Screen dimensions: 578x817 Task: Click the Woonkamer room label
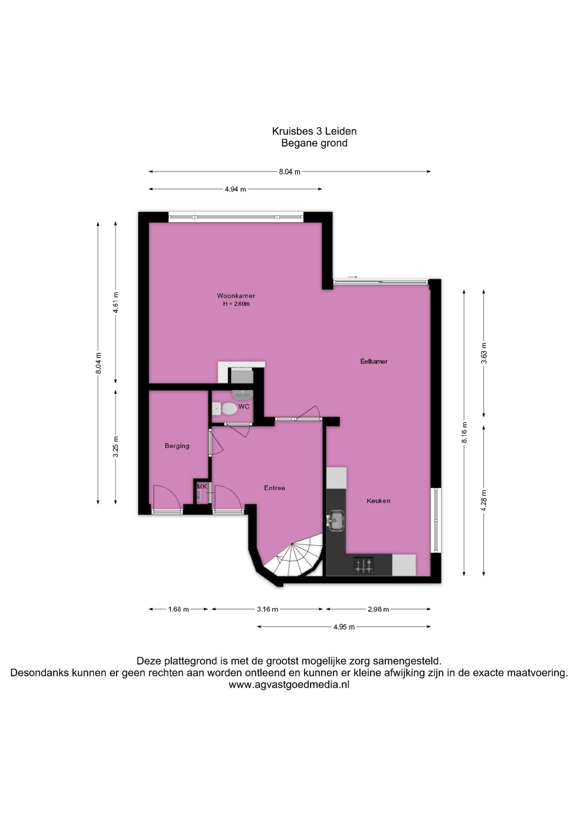click(x=236, y=296)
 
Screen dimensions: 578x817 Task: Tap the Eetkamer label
click(x=374, y=362)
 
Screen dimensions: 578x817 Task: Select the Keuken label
click(x=378, y=501)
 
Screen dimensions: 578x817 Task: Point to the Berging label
click(x=177, y=446)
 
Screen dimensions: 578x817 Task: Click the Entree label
click(x=275, y=488)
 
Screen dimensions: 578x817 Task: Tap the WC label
click(x=244, y=406)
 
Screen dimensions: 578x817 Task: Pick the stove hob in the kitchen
click(x=364, y=565)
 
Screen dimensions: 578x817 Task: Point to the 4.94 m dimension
click(x=235, y=189)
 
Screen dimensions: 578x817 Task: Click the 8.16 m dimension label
click(x=464, y=432)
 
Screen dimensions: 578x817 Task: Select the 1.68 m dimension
click(x=178, y=609)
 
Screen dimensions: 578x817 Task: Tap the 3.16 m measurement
click(x=267, y=609)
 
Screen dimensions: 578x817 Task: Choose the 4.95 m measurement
click(x=344, y=627)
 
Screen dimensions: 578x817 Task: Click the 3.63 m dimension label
click(x=484, y=353)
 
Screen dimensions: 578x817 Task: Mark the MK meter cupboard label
click(x=202, y=486)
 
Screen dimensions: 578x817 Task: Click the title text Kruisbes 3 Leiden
click(x=315, y=131)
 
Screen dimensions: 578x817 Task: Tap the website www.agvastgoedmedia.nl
click(x=289, y=685)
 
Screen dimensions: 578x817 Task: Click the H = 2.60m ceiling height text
click(x=236, y=304)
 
